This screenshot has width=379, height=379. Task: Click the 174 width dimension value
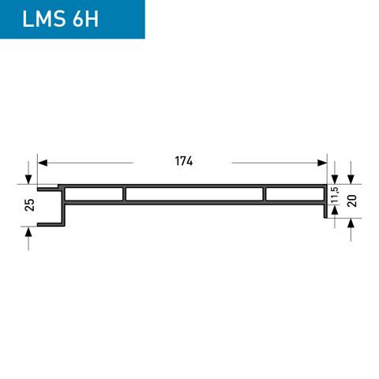pyautogui.click(x=183, y=161)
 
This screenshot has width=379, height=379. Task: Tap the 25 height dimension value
pyautogui.click(x=29, y=205)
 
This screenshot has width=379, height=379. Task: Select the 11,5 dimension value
pyautogui.click(x=335, y=196)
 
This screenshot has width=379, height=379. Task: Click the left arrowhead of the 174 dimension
pyautogui.click(x=42, y=162)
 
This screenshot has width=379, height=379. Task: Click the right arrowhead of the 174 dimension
pyautogui.click(x=322, y=162)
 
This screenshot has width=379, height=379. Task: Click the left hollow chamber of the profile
pyautogui.click(x=94, y=194)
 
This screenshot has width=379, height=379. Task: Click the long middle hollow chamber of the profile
pyautogui.click(x=194, y=194)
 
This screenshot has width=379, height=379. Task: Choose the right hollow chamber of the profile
pyautogui.click(x=295, y=194)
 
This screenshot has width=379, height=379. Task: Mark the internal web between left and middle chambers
pyautogui.click(x=125, y=194)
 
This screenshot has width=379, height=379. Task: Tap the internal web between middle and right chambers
pyautogui.click(x=265, y=194)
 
